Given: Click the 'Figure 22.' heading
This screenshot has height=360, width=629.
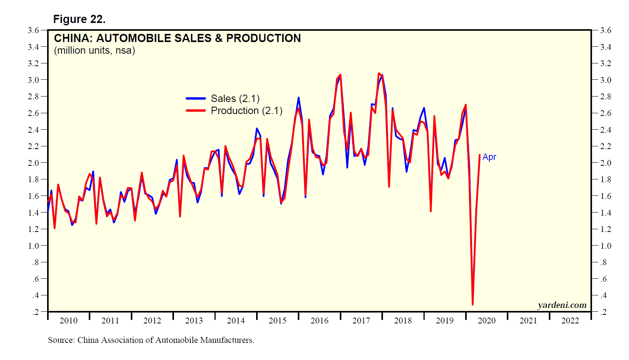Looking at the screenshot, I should click(x=79, y=19).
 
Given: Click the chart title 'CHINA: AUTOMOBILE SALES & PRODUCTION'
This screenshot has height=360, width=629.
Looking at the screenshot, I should click(x=177, y=38).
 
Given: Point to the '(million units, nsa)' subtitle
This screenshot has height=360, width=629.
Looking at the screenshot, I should click(x=94, y=51).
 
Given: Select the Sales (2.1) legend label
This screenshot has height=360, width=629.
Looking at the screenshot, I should click(x=235, y=98).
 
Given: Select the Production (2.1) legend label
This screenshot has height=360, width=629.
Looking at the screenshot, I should click(x=246, y=111).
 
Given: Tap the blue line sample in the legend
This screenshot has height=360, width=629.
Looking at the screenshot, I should click(x=196, y=98).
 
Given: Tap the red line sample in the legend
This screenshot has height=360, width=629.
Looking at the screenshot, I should click(x=196, y=111).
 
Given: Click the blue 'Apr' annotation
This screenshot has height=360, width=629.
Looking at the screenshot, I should click(x=489, y=157).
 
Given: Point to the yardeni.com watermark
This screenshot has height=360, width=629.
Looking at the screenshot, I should click(x=562, y=305).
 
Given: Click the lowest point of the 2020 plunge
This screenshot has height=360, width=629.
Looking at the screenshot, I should click(x=473, y=304).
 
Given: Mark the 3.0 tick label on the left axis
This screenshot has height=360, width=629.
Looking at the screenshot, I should click(x=33, y=80).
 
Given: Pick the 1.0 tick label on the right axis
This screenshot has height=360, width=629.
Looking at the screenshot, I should click(x=606, y=246).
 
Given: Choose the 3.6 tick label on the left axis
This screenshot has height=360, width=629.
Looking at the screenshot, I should click(x=33, y=30).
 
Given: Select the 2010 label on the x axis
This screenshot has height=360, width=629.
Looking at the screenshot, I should click(x=69, y=320).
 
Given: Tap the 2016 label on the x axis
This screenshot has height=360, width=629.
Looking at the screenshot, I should click(x=320, y=320).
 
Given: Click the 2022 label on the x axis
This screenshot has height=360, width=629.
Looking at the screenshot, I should click(x=570, y=320).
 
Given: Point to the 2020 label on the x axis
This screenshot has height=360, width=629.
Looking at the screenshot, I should click(x=487, y=320).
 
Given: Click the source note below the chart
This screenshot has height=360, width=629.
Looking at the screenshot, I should click(x=151, y=340).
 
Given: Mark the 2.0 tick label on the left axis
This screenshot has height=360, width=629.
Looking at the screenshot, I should click(x=33, y=163).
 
